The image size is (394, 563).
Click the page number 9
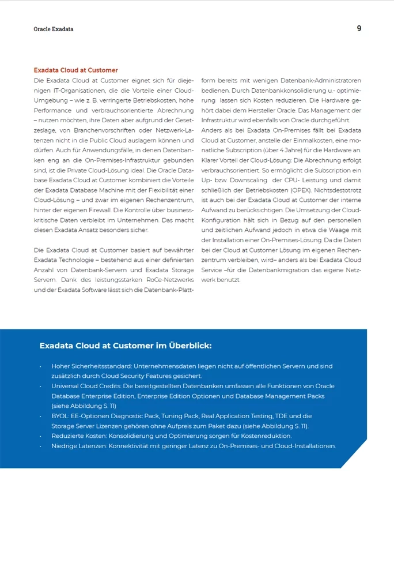coord(359,28)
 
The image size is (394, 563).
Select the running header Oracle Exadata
coord(54,29)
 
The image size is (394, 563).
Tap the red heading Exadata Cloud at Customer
coord(75,70)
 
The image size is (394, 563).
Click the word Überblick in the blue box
coord(190,346)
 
